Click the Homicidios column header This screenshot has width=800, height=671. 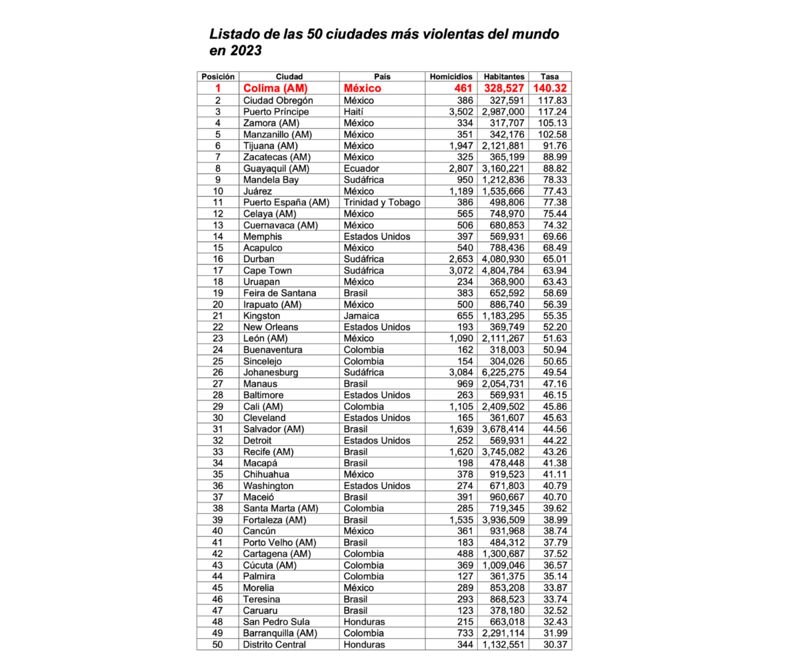tap(451, 77)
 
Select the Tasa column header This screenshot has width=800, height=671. tap(550, 77)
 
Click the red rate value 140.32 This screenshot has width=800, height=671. tap(551, 88)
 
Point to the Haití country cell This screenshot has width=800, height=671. tap(356, 111)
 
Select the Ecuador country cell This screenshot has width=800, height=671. tap(361, 168)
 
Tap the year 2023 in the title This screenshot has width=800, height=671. tap(243, 50)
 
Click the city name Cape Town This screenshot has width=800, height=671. tap(267, 270)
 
